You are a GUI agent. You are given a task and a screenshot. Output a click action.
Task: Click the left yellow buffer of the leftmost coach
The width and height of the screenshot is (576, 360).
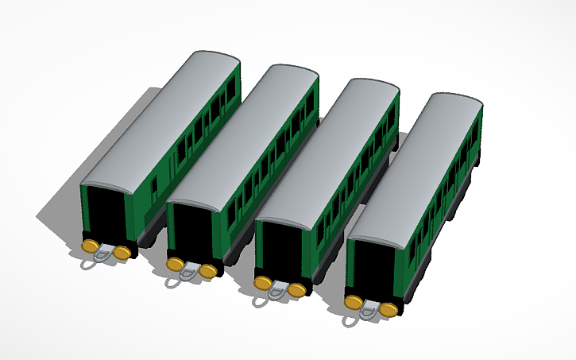pyautogui.click(x=91, y=246)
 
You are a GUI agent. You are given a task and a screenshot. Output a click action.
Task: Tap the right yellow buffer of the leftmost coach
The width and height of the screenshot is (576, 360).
pyautogui.click(x=122, y=253)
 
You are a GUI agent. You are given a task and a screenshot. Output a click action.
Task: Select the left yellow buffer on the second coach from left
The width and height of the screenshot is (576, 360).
pyautogui.click(x=176, y=263)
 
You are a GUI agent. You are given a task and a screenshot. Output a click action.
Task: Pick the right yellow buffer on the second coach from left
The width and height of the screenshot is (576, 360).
pyautogui.click(x=207, y=271)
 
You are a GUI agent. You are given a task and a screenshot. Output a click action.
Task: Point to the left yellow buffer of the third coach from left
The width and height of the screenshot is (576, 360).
pyautogui.click(x=263, y=283)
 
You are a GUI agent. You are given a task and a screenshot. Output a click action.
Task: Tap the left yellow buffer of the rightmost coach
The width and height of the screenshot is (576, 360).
pyautogui.click(x=354, y=302)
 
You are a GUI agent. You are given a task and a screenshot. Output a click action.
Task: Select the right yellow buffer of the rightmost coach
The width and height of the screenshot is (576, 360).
pyautogui.click(x=388, y=310)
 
